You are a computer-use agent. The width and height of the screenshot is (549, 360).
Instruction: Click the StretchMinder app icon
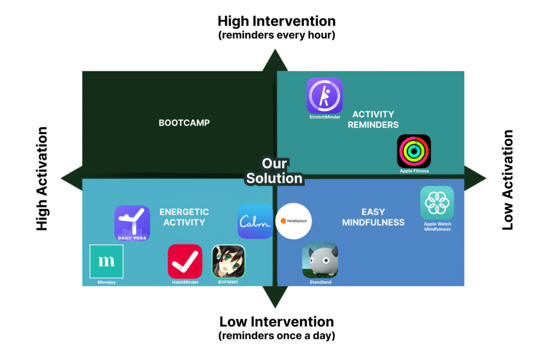[324, 95]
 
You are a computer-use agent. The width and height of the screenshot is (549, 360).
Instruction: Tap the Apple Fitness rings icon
[414, 151]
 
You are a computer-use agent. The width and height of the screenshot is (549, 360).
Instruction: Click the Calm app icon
[255, 221]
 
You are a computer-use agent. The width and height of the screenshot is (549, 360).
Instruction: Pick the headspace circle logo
[294, 221]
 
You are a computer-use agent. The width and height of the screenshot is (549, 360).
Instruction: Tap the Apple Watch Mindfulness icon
[437, 203]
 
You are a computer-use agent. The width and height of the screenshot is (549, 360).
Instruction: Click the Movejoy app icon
[106, 261]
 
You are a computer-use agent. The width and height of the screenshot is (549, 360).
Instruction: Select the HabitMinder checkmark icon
[185, 261]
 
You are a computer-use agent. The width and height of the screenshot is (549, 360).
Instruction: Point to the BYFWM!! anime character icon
[228, 261]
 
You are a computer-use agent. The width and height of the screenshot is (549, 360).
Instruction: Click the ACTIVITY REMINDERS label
[373, 119]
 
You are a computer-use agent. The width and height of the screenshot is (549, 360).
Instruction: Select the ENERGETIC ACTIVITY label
[184, 217]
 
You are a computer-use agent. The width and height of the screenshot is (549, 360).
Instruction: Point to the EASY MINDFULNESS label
[373, 217]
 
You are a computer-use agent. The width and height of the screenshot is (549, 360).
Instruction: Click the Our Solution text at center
[274, 171]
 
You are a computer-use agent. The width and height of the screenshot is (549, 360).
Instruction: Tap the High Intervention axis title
[276, 21]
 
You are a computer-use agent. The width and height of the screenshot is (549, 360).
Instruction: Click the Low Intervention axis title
[276, 322]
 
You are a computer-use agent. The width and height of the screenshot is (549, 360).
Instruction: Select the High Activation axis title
[42, 179]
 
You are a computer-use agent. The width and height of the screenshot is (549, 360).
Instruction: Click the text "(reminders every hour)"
[276, 35]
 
